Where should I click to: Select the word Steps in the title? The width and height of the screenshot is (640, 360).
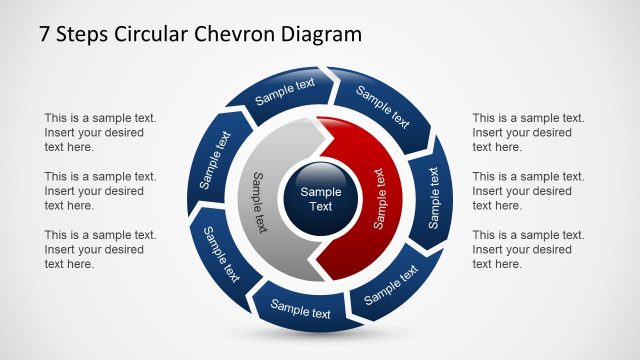[x=84, y=36]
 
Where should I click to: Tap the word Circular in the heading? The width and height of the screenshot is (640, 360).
[x=153, y=35]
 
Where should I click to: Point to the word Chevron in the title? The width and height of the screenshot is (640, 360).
[x=236, y=35]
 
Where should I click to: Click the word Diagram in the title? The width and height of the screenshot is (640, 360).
[x=319, y=35]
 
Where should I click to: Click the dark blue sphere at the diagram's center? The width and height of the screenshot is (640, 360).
[x=321, y=199]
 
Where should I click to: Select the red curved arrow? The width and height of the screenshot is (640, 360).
[x=375, y=200]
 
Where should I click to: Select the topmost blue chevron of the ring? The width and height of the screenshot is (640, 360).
[x=286, y=91]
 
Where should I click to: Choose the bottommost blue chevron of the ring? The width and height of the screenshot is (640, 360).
[x=301, y=311]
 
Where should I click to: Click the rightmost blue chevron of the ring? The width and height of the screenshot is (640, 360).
[x=433, y=196]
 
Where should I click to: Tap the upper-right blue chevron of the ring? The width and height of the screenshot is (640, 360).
[x=382, y=109]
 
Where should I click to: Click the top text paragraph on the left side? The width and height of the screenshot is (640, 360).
[x=100, y=132]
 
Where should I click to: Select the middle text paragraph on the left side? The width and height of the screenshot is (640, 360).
[x=100, y=190]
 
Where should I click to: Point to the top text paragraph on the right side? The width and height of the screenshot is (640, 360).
[x=528, y=132]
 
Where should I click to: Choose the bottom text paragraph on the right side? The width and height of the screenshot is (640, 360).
[x=528, y=249]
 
